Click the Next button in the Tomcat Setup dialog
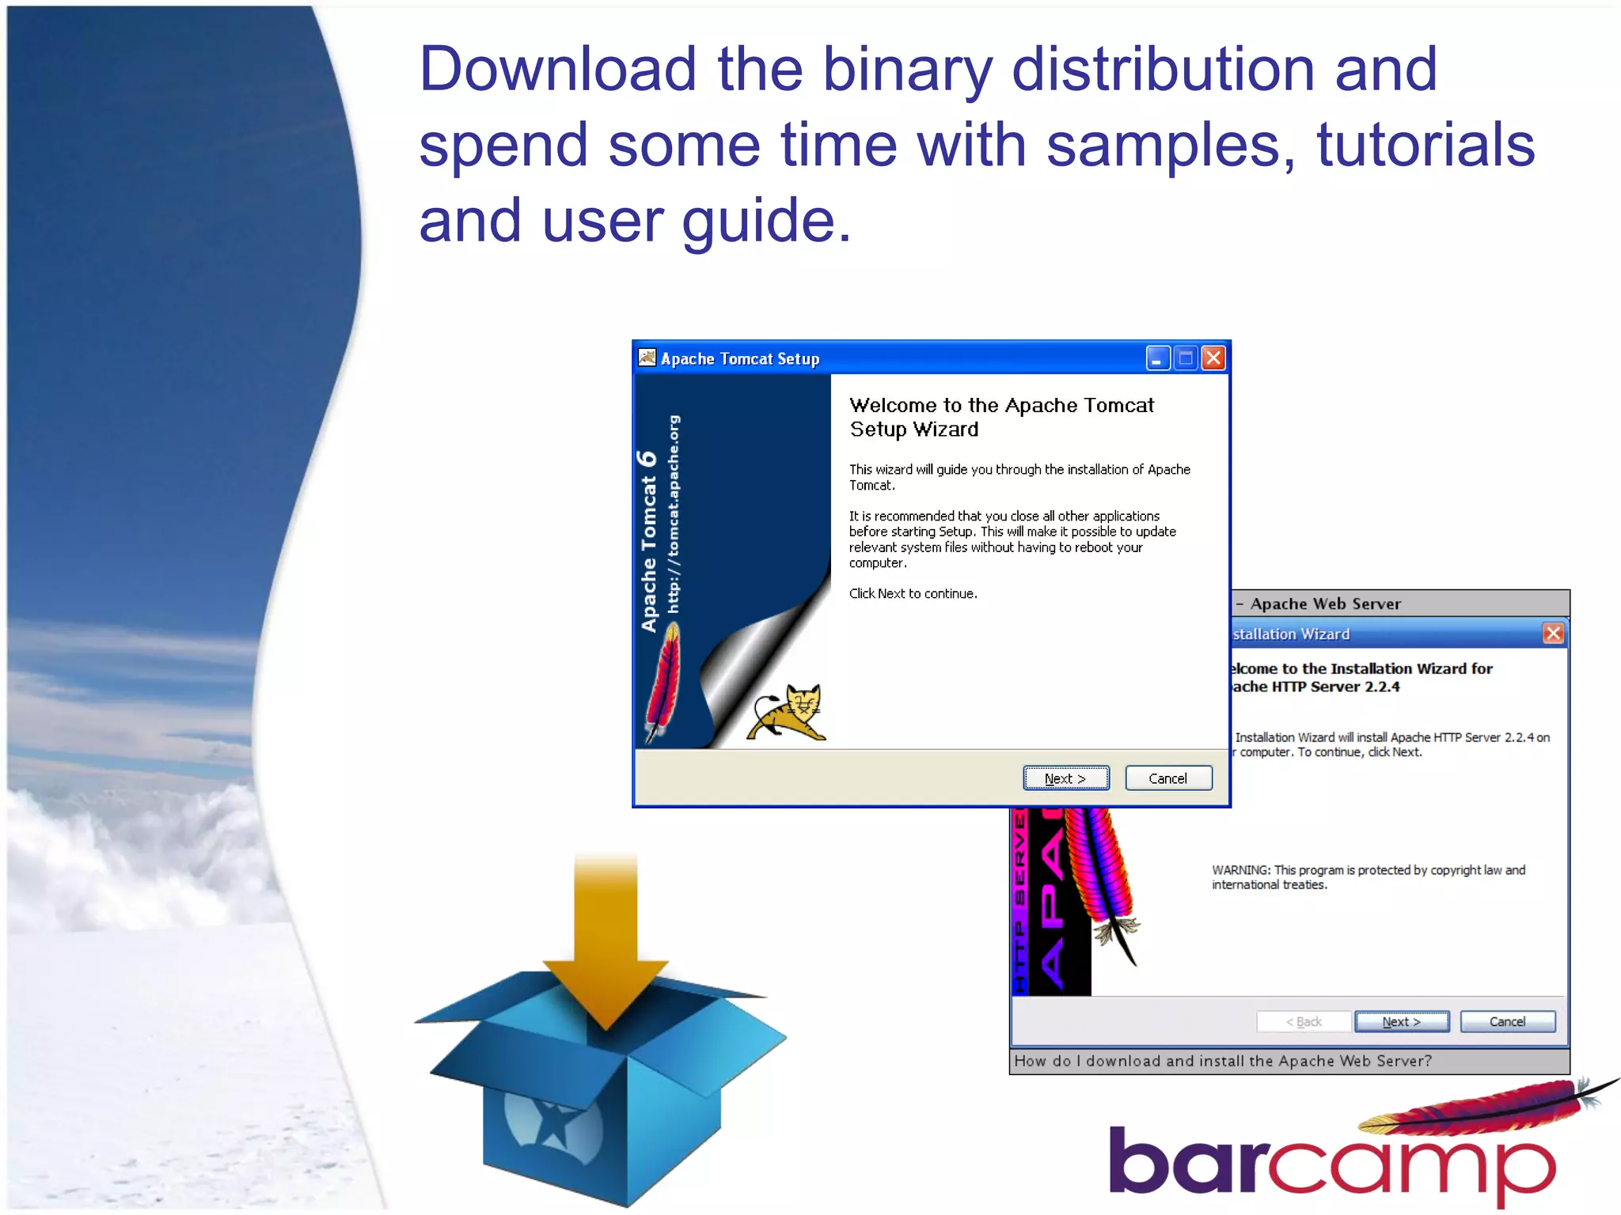point(1065,778)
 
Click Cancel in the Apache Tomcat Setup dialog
point(1167,778)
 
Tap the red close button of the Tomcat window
point(1213,358)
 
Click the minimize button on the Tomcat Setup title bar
point(1157,358)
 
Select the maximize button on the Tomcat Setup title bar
point(1185,358)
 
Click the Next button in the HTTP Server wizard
point(1401,1022)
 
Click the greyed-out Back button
point(1304,1022)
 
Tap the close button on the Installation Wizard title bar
point(1553,634)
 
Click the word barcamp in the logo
point(1330,1163)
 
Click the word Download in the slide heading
point(557,70)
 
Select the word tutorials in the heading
point(1425,146)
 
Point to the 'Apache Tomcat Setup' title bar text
point(740,359)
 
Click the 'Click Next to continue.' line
point(913,594)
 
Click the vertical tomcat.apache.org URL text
point(674,514)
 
